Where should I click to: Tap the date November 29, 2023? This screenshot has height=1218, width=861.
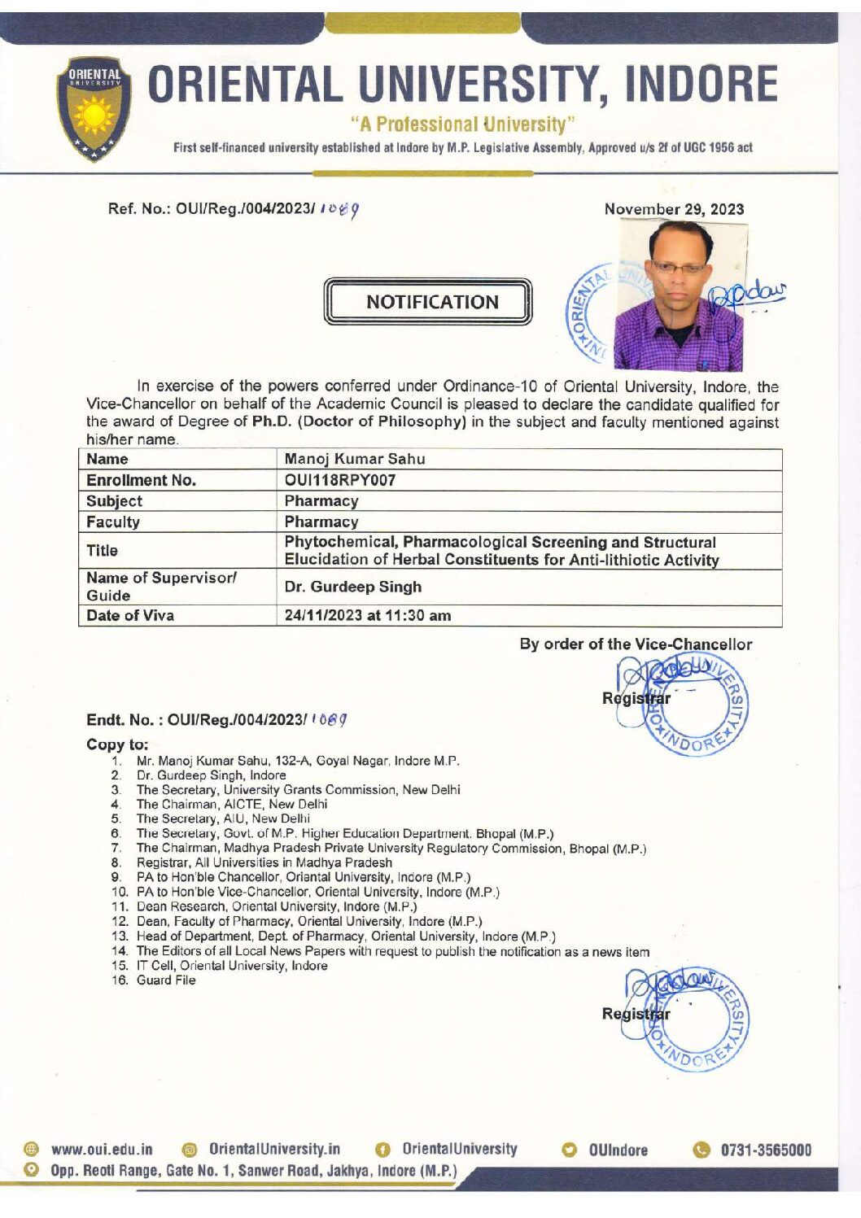pyautogui.click(x=674, y=209)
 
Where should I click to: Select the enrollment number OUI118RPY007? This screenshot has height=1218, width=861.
pyautogui.click(x=340, y=480)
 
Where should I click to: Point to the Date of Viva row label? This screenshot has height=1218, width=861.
pyautogui.click(x=130, y=616)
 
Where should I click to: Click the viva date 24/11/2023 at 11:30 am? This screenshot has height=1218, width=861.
pyautogui.click(x=367, y=616)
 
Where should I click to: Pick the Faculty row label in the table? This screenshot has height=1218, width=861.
pyautogui.click(x=113, y=522)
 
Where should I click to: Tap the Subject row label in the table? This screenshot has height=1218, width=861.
pyautogui.click(x=114, y=501)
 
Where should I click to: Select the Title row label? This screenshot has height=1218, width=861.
pyautogui.click(x=103, y=551)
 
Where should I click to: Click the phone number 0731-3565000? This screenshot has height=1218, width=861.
pyautogui.click(x=766, y=1150)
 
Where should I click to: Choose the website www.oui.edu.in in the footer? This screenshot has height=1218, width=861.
pyautogui.click(x=102, y=1150)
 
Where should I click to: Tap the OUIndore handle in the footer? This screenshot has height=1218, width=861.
pyautogui.click(x=618, y=1150)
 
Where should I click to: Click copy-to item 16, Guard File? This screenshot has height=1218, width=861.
pyautogui.click(x=166, y=980)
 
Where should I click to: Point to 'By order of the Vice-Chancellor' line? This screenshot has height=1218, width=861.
pyautogui.click(x=636, y=644)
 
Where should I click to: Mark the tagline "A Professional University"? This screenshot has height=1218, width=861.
pyautogui.click(x=463, y=124)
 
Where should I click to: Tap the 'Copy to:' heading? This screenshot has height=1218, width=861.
pyautogui.click(x=117, y=744)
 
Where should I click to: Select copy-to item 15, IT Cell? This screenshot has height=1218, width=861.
pyautogui.click(x=232, y=966)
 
